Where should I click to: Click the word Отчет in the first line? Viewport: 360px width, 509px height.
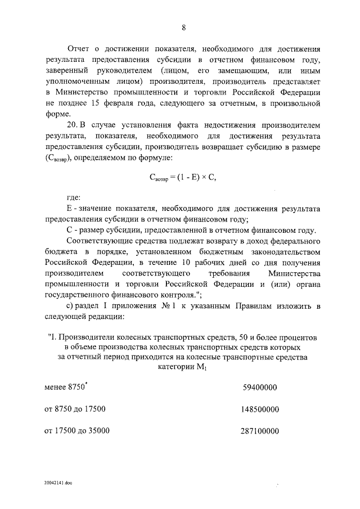click(x=79, y=49)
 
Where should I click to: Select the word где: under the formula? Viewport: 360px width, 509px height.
click(x=74, y=197)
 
